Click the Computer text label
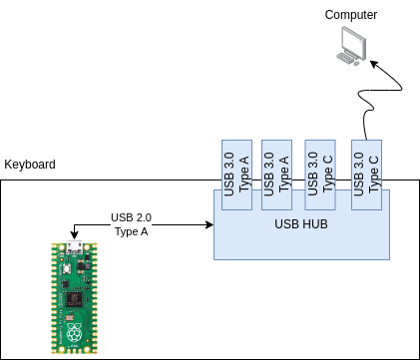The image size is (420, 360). [351, 15]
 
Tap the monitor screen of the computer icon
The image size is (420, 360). [354, 42]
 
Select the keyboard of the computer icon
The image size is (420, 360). [346, 59]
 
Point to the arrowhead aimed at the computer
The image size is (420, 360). [374, 64]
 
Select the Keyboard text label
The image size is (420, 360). [30, 165]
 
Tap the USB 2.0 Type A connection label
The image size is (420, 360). [131, 224]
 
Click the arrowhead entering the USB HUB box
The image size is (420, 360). [210, 225]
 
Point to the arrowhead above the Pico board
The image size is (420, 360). [75, 235]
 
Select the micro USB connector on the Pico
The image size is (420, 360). [74, 247]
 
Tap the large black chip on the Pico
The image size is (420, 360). [74, 299]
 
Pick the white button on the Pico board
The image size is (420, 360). [68, 268]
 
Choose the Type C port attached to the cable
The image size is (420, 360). [366, 175]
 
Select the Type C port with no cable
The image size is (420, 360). [320, 175]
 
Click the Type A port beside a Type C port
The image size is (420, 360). [277, 175]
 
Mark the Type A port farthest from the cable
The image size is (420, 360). [236, 175]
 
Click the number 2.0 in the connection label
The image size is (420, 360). [144, 217]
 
